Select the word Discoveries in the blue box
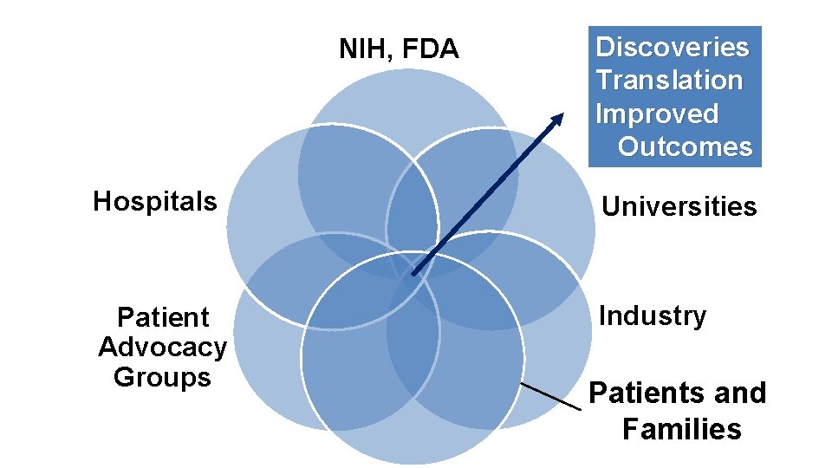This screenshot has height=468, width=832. (x=672, y=46)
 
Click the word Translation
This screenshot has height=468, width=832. (x=669, y=80)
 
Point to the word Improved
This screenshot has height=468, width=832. (x=657, y=114)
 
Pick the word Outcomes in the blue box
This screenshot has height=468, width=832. (x=685, y=146)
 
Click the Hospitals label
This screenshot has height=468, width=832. (x=155, y=201)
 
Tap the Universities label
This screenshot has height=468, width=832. (x=679, y=206)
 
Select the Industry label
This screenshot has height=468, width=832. (x=653, y=315)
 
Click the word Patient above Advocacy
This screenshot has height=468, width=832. (x=163, y=317)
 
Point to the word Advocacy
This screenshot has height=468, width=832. (x=163, y=348)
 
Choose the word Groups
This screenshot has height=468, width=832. (x=162, y=377)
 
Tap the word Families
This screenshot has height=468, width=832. (x=682, y=429)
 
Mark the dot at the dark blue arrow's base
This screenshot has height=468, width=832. (x=414, y=273)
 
